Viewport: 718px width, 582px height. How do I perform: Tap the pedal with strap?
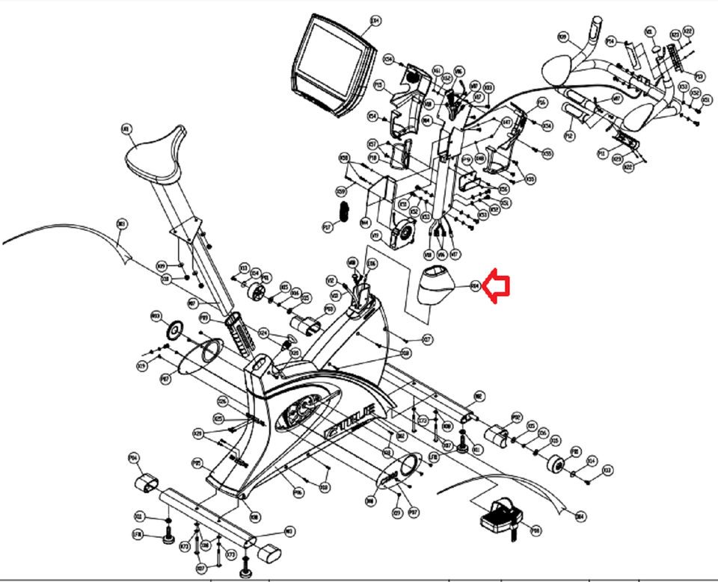500,516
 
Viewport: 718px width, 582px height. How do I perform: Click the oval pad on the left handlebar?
558,71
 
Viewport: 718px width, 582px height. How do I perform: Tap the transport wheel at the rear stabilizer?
556,464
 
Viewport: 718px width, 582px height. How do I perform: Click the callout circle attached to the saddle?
126,129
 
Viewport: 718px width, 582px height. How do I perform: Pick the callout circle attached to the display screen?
375,20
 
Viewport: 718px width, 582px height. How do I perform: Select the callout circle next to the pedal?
536,530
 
